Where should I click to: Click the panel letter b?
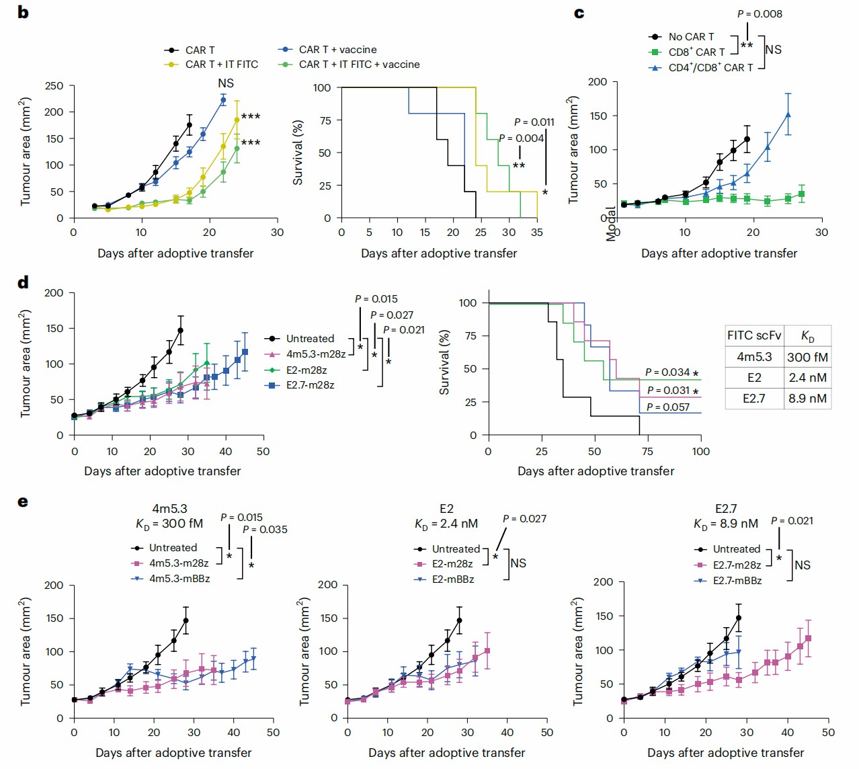click(x=23, y=12)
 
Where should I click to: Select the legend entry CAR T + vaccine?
click(x=337, y=50)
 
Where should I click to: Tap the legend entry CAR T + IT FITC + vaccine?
click(x=359, y=65)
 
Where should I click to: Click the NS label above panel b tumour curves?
click(x=226, y=83)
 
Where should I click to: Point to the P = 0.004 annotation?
click(x=521, y=138)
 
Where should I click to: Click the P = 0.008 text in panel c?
click(x=760, y=14)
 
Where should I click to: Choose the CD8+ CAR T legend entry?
click(x=696, y=52)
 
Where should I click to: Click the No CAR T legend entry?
click(x=691, y=37)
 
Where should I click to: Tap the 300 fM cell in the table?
click(x=807, y=358)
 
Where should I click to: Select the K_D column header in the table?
click(x=807, y=336)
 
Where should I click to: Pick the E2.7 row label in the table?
click(x=753, y=399)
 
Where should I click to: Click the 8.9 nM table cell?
click(x=807, y=399)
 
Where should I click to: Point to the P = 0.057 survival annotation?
click(x=667, y=407)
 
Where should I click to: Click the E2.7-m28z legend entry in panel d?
click(x=310, y=385)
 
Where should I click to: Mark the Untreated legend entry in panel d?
click(x=310, y=339)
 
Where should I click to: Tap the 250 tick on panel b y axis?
click(x=54, y=86)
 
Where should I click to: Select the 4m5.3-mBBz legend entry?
click(x=179, y=579)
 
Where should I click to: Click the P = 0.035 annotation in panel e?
click(x=265, y=530)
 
